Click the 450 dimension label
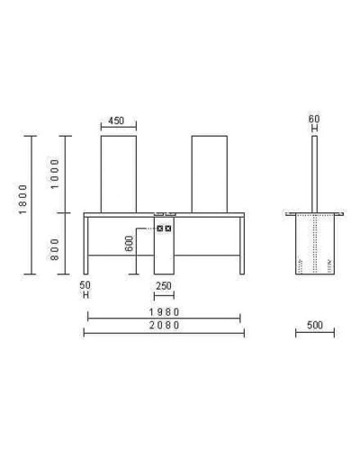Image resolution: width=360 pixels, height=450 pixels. pos(116,121)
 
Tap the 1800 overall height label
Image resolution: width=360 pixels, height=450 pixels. pos(22,199)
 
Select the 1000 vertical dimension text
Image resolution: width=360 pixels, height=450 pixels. pos(55,174)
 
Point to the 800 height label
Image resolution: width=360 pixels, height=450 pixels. pos(55,249)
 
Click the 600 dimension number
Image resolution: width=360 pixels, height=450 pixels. pos(129,244)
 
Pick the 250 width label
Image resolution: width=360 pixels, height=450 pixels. pos(164,286)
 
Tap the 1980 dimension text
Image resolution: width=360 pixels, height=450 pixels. pos(165,312)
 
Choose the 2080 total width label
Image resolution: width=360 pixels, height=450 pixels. pos(165,325)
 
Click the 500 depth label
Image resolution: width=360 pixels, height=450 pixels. pos(315,325)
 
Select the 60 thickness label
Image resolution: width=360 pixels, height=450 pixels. pos(314,119)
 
